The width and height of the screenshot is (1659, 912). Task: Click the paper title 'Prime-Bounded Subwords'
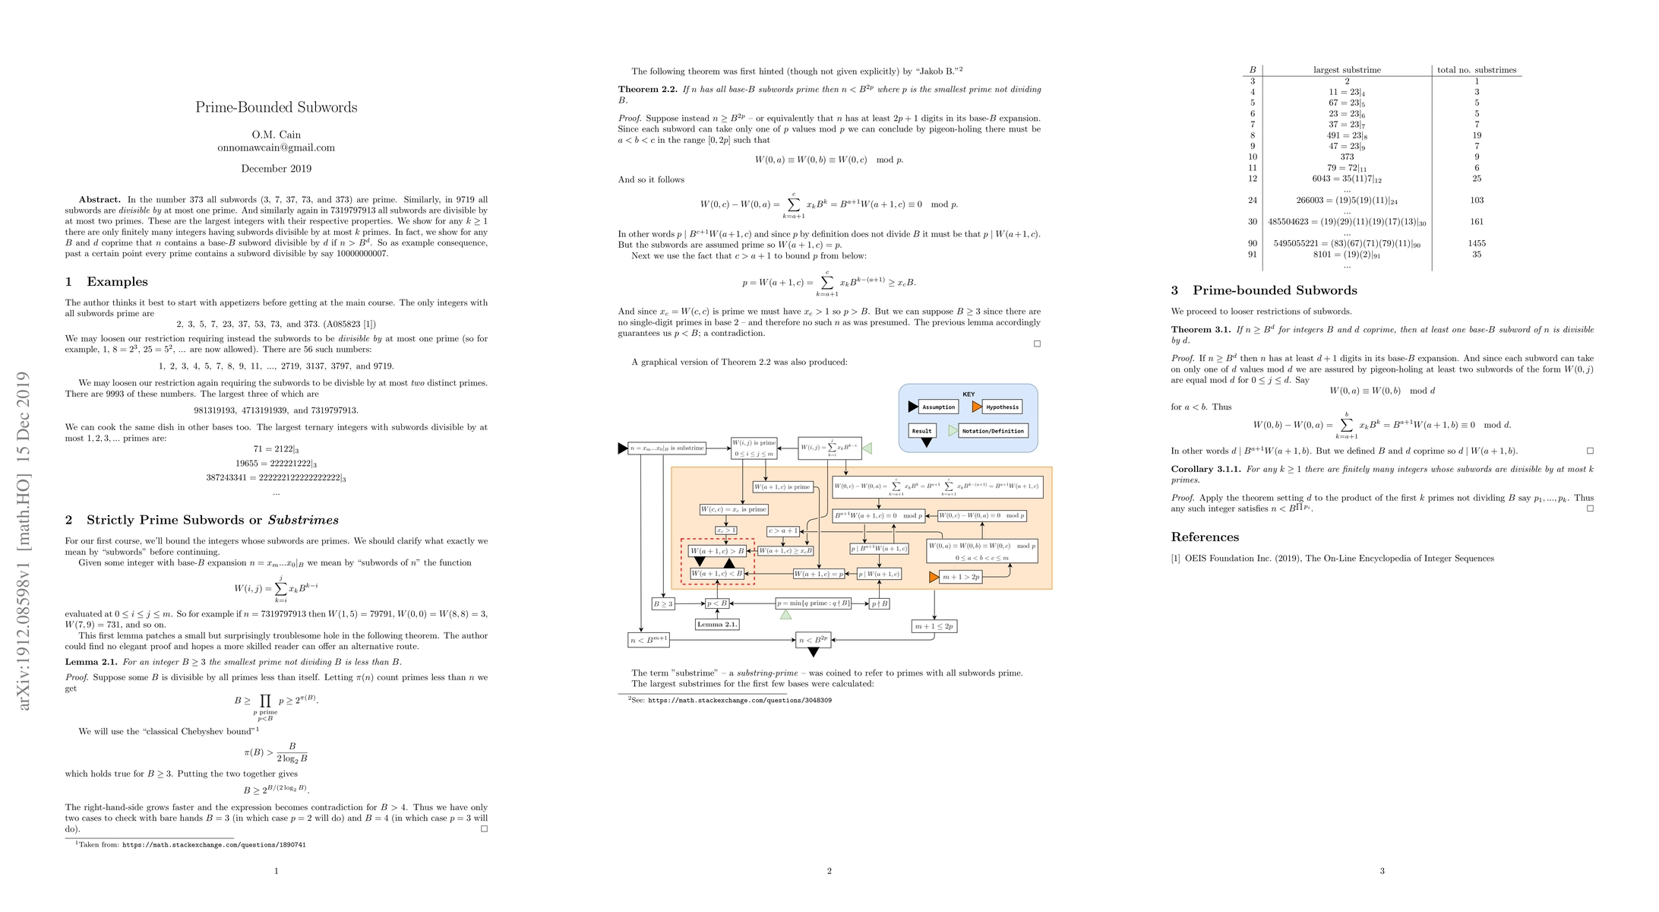point(276,107)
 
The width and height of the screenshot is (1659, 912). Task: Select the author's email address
point(276,147)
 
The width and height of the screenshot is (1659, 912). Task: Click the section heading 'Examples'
point(117,282)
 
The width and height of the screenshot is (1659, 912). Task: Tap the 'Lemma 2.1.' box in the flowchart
point(717,624)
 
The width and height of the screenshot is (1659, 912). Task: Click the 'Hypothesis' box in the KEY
point(1002,407)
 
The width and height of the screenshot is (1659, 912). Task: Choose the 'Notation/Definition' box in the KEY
point(993,431)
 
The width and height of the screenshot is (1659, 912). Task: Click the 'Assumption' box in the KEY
point(938,407)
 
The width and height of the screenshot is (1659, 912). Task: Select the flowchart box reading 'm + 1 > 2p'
point(961,577)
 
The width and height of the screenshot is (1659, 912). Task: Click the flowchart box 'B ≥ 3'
point(663,604)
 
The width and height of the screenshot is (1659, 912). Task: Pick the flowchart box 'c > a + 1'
point(783,531)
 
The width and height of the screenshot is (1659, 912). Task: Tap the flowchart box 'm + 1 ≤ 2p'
point(934,626)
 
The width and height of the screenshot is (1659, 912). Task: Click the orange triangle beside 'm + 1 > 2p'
point(934,578)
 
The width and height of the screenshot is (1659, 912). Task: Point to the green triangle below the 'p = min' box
point(785,614)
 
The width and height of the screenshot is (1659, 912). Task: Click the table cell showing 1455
point(1476,243)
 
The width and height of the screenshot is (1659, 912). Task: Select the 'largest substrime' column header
point(1347,70)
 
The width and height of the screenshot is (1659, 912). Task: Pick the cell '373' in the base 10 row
point(1347,157)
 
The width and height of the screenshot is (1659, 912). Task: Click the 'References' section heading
point(1205,537)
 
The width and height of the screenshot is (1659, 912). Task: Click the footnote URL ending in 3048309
point(739,700)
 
